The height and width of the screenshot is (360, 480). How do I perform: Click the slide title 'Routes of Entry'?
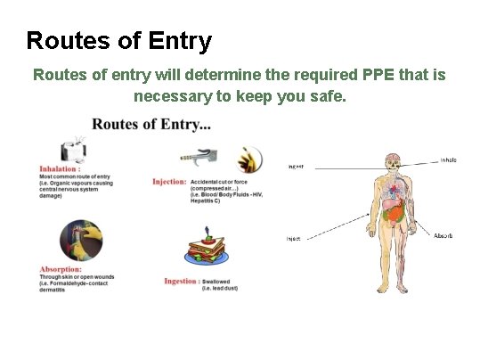click(x=118, y=41)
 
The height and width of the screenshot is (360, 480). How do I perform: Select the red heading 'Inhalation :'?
click(x=60, y=168)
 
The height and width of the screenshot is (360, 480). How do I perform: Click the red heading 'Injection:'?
click(x=168, y=182)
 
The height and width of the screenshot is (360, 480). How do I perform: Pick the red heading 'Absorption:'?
click(x=61, y=269)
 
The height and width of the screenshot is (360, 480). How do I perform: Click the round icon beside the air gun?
click(x=248, y=160)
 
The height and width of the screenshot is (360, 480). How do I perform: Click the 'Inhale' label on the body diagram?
click(x=448, y=161)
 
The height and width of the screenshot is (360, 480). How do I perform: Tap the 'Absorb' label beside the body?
click(x=443, y=235)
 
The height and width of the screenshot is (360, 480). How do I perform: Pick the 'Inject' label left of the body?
click(x=293, y=238)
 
